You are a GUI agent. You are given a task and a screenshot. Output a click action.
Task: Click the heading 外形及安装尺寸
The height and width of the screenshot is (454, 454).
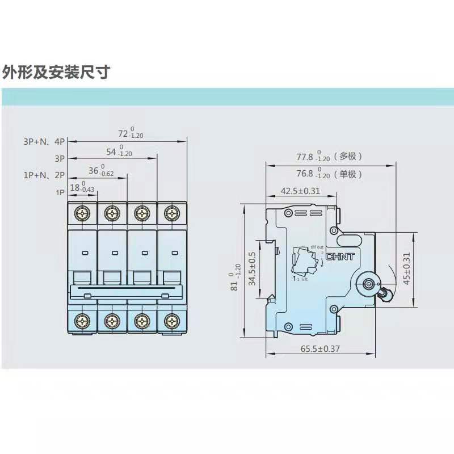coord(56,73)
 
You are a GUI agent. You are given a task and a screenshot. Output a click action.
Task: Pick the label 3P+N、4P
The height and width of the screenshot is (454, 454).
coord(44,142)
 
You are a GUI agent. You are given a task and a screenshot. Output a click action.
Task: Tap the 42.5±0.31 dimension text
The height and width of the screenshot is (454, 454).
coord(301,191)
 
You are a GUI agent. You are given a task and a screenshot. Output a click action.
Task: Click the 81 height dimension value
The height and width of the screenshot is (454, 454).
coord(234,278)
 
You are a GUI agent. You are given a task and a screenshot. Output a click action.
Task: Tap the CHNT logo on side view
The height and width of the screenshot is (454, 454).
coord(340,257)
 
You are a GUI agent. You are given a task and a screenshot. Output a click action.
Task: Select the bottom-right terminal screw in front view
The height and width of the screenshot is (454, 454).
coord(171,321)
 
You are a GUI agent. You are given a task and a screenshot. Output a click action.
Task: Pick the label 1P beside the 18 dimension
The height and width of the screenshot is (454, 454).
coord(60,192)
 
